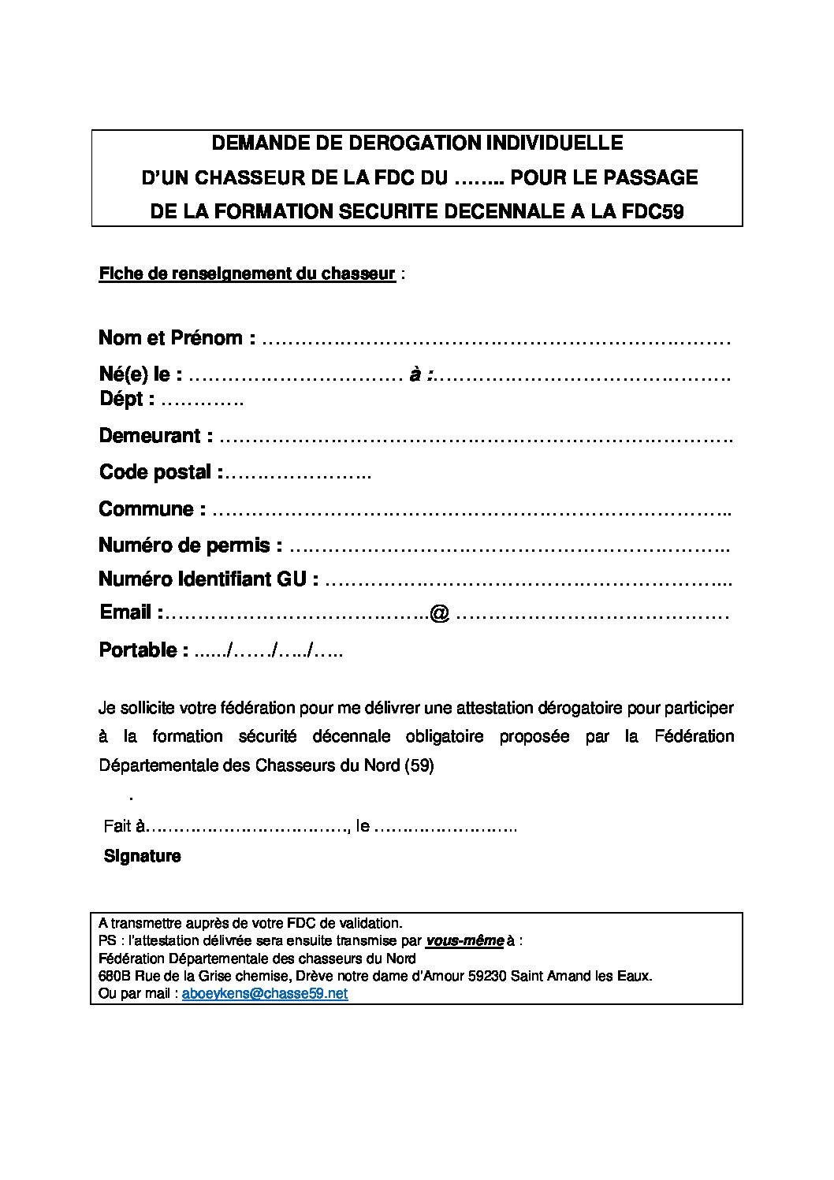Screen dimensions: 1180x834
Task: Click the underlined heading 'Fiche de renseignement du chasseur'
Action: click(x=247, y=274)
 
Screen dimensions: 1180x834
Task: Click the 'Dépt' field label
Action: click(x=122, y=399)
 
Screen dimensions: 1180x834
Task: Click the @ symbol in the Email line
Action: click(x=440, y=613)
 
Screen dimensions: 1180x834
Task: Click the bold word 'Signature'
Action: click(x=143, y=856)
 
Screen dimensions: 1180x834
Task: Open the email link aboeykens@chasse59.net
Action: click(x=265, y=994)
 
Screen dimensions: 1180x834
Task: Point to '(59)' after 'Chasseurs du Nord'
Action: click(x=419, y=765)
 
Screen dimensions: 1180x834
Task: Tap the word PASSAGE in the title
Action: click(x=650, y=177)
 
